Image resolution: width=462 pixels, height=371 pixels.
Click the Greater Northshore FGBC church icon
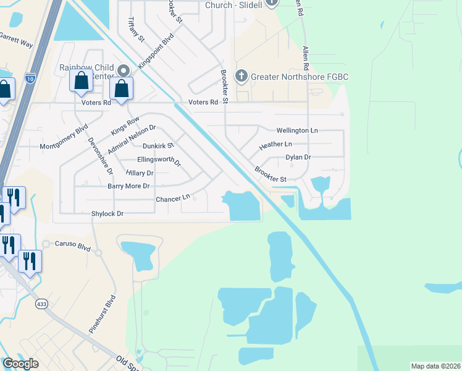pos(241,77)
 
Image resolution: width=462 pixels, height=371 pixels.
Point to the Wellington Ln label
pos(297,130)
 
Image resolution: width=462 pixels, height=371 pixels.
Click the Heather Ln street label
pos(275,144)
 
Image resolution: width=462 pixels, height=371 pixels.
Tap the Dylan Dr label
pos(298,157)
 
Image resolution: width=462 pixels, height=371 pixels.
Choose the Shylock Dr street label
pos(108,213)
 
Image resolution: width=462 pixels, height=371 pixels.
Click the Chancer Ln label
pos(173,198)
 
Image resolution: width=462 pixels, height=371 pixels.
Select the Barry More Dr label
pos(129,185)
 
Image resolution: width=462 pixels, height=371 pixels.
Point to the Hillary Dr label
pos(140,173)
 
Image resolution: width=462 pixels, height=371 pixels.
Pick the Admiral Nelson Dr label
pos(132,140)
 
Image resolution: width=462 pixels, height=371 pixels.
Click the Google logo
pos(21,364)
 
